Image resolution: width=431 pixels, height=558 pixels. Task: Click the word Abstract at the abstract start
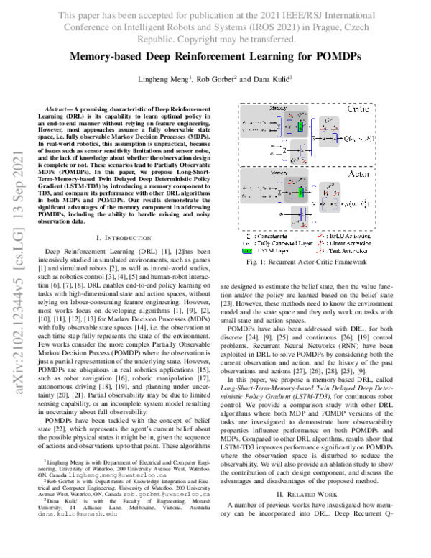tap(58, 106)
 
